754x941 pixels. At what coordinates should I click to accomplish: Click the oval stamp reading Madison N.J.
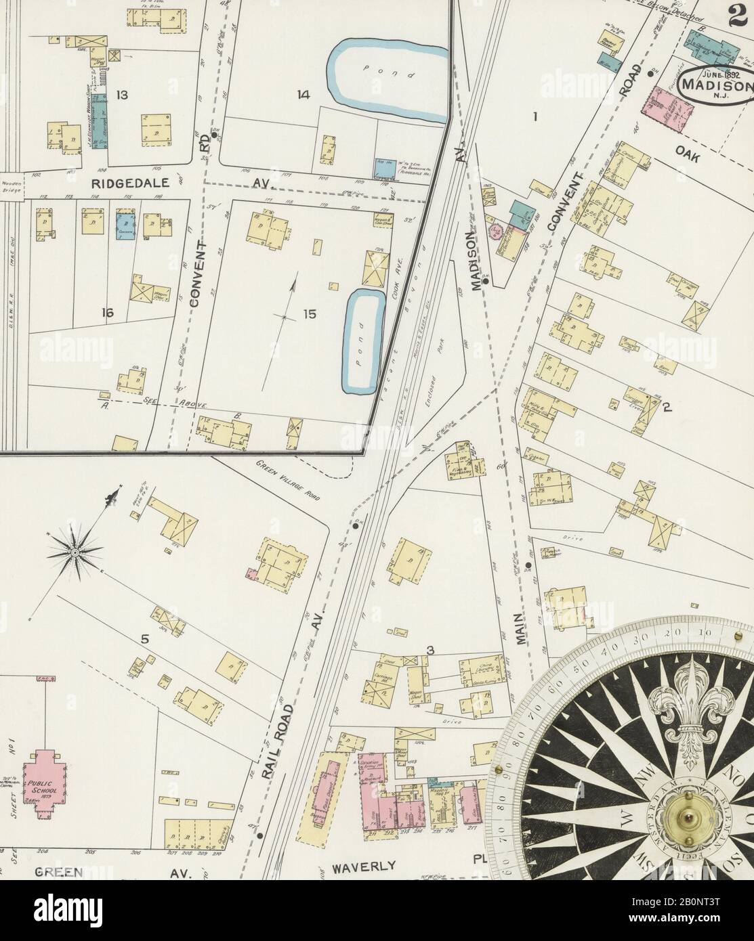pyautogui.click(x=715, y=85)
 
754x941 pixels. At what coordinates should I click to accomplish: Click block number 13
pyautogui.click(x=121, y=95)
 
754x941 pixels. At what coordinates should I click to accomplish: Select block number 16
pyautogui.click(x=107, y=313)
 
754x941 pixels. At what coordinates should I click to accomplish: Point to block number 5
pyautogui.click(x=144, y=638)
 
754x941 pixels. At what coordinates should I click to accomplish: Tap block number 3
pyautogui.click(x=430, y=651)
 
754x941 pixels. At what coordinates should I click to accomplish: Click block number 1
pyautogui.click(x=535, y=117)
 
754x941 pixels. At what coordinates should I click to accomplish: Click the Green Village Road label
pyautogui.click(x=288, y=481)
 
